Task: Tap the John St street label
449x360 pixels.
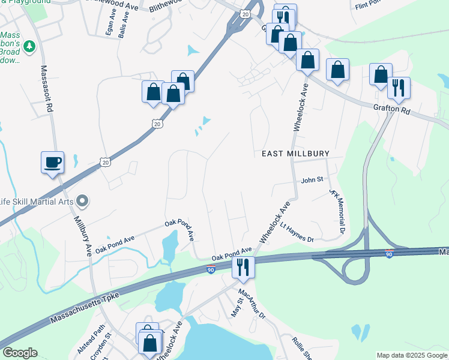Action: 312,179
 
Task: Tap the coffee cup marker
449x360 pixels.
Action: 52,161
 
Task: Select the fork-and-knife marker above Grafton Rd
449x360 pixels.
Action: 398,88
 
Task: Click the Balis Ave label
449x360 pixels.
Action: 124,26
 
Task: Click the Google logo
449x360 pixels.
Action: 20,353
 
